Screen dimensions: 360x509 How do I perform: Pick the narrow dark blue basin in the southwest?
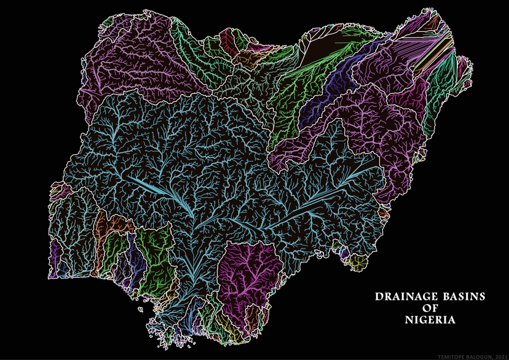pyautogui.click(x=139, y=261)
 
